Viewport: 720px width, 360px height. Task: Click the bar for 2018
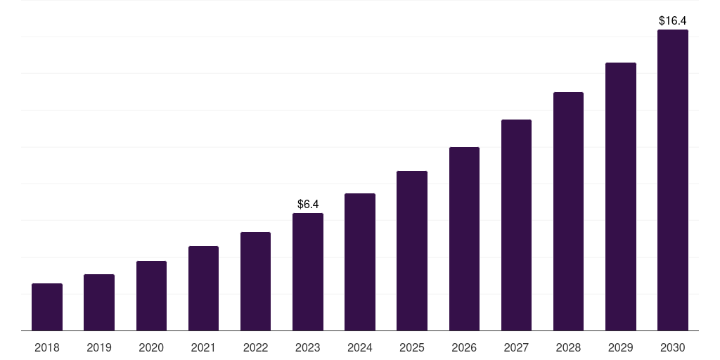[x=47, y=307]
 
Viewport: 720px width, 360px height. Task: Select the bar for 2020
[x=151, y=296]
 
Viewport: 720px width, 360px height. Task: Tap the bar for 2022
[x=255, y=281]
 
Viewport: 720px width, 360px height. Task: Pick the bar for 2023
[x=308, y=272]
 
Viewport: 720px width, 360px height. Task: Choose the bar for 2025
[x=412, y=251]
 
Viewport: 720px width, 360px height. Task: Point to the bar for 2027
[x=516, y=225]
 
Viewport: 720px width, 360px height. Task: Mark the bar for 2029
[x=621, y=197]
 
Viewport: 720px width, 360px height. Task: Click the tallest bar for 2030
[x=673, y=180]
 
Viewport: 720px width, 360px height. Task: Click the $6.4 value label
[x=308, y=205]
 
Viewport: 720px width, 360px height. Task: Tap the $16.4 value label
[x=673, y=21]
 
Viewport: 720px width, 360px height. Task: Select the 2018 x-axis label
[x=47, y=347]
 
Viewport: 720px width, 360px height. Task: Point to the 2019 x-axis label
[x=99, y=347]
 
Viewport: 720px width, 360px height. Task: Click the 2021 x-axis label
[x=203, y=347]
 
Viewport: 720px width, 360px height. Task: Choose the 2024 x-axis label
[x=360, y=347]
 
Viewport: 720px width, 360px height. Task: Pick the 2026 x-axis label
[x=464, y=347]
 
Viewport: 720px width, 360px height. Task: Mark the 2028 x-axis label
[x=568, y=347]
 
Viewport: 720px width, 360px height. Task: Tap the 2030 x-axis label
[x=673, y=347]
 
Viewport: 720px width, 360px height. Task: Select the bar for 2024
[x=360, y=262]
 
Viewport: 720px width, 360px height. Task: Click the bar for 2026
[x=464, y=239]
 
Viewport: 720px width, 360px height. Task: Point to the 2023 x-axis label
[x=308, y=347]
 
